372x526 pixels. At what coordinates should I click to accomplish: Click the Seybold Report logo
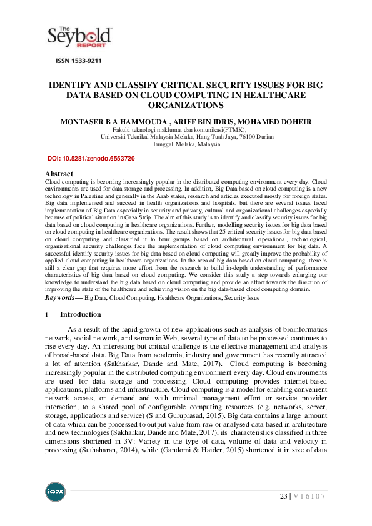pyautogui.click(x=80, y=37)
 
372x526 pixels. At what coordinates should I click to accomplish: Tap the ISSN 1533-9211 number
pyautogui.click(x=78, y=61)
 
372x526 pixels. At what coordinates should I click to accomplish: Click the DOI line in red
pyautogui.click(x=91, y=159)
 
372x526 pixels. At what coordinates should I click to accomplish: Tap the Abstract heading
pyautogui.click(x=59, y=174)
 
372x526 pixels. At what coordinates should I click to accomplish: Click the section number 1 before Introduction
pyautogui.click(x=47, y=315)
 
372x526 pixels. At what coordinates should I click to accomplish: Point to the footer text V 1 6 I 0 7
pyautogui.click(x=309, y=496)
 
